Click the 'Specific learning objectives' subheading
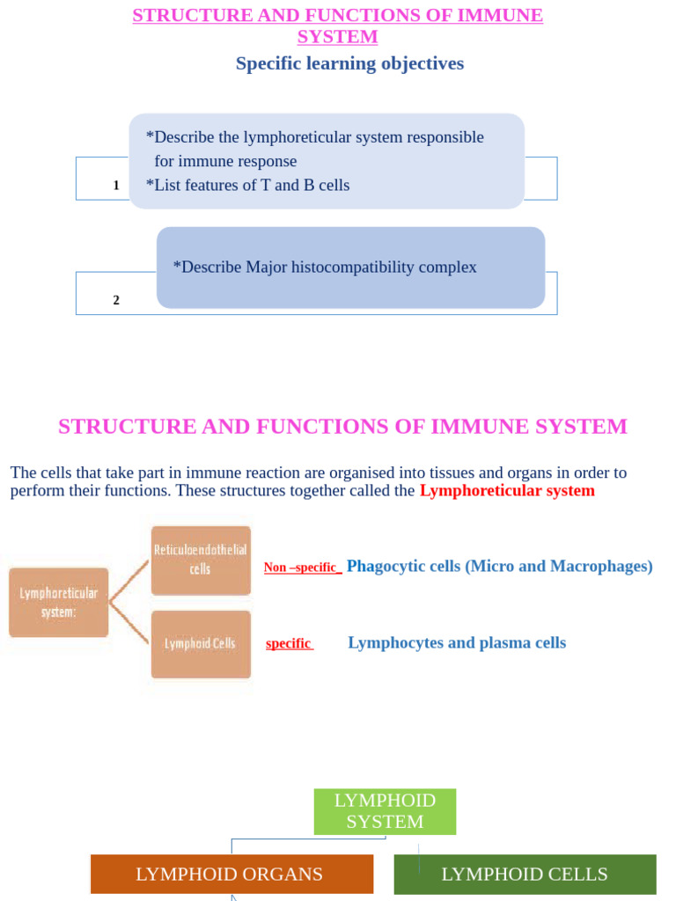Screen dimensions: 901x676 click(349, 63)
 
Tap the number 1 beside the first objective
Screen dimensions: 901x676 click(116, 186)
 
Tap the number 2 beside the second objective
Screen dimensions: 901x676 click(116, 300)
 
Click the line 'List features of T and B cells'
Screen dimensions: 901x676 click(248, 185)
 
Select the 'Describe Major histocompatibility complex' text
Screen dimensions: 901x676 click(325, 267)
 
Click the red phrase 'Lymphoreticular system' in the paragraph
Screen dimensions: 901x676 click(507, 490)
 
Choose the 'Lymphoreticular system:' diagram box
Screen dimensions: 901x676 click(59, 603)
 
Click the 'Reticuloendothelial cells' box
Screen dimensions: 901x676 click(201, 560)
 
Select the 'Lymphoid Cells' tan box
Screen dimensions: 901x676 click(201, 643)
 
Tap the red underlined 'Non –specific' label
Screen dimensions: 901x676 click(302, 568)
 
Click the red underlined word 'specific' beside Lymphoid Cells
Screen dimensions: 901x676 click(289, 643)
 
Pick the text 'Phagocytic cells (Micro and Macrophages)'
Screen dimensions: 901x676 click(499, 566)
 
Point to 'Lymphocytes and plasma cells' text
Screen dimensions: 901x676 click(457, 642)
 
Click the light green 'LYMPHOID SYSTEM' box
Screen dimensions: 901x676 click(385, 811)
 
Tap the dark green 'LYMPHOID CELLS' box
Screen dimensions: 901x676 click(525, 874)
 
